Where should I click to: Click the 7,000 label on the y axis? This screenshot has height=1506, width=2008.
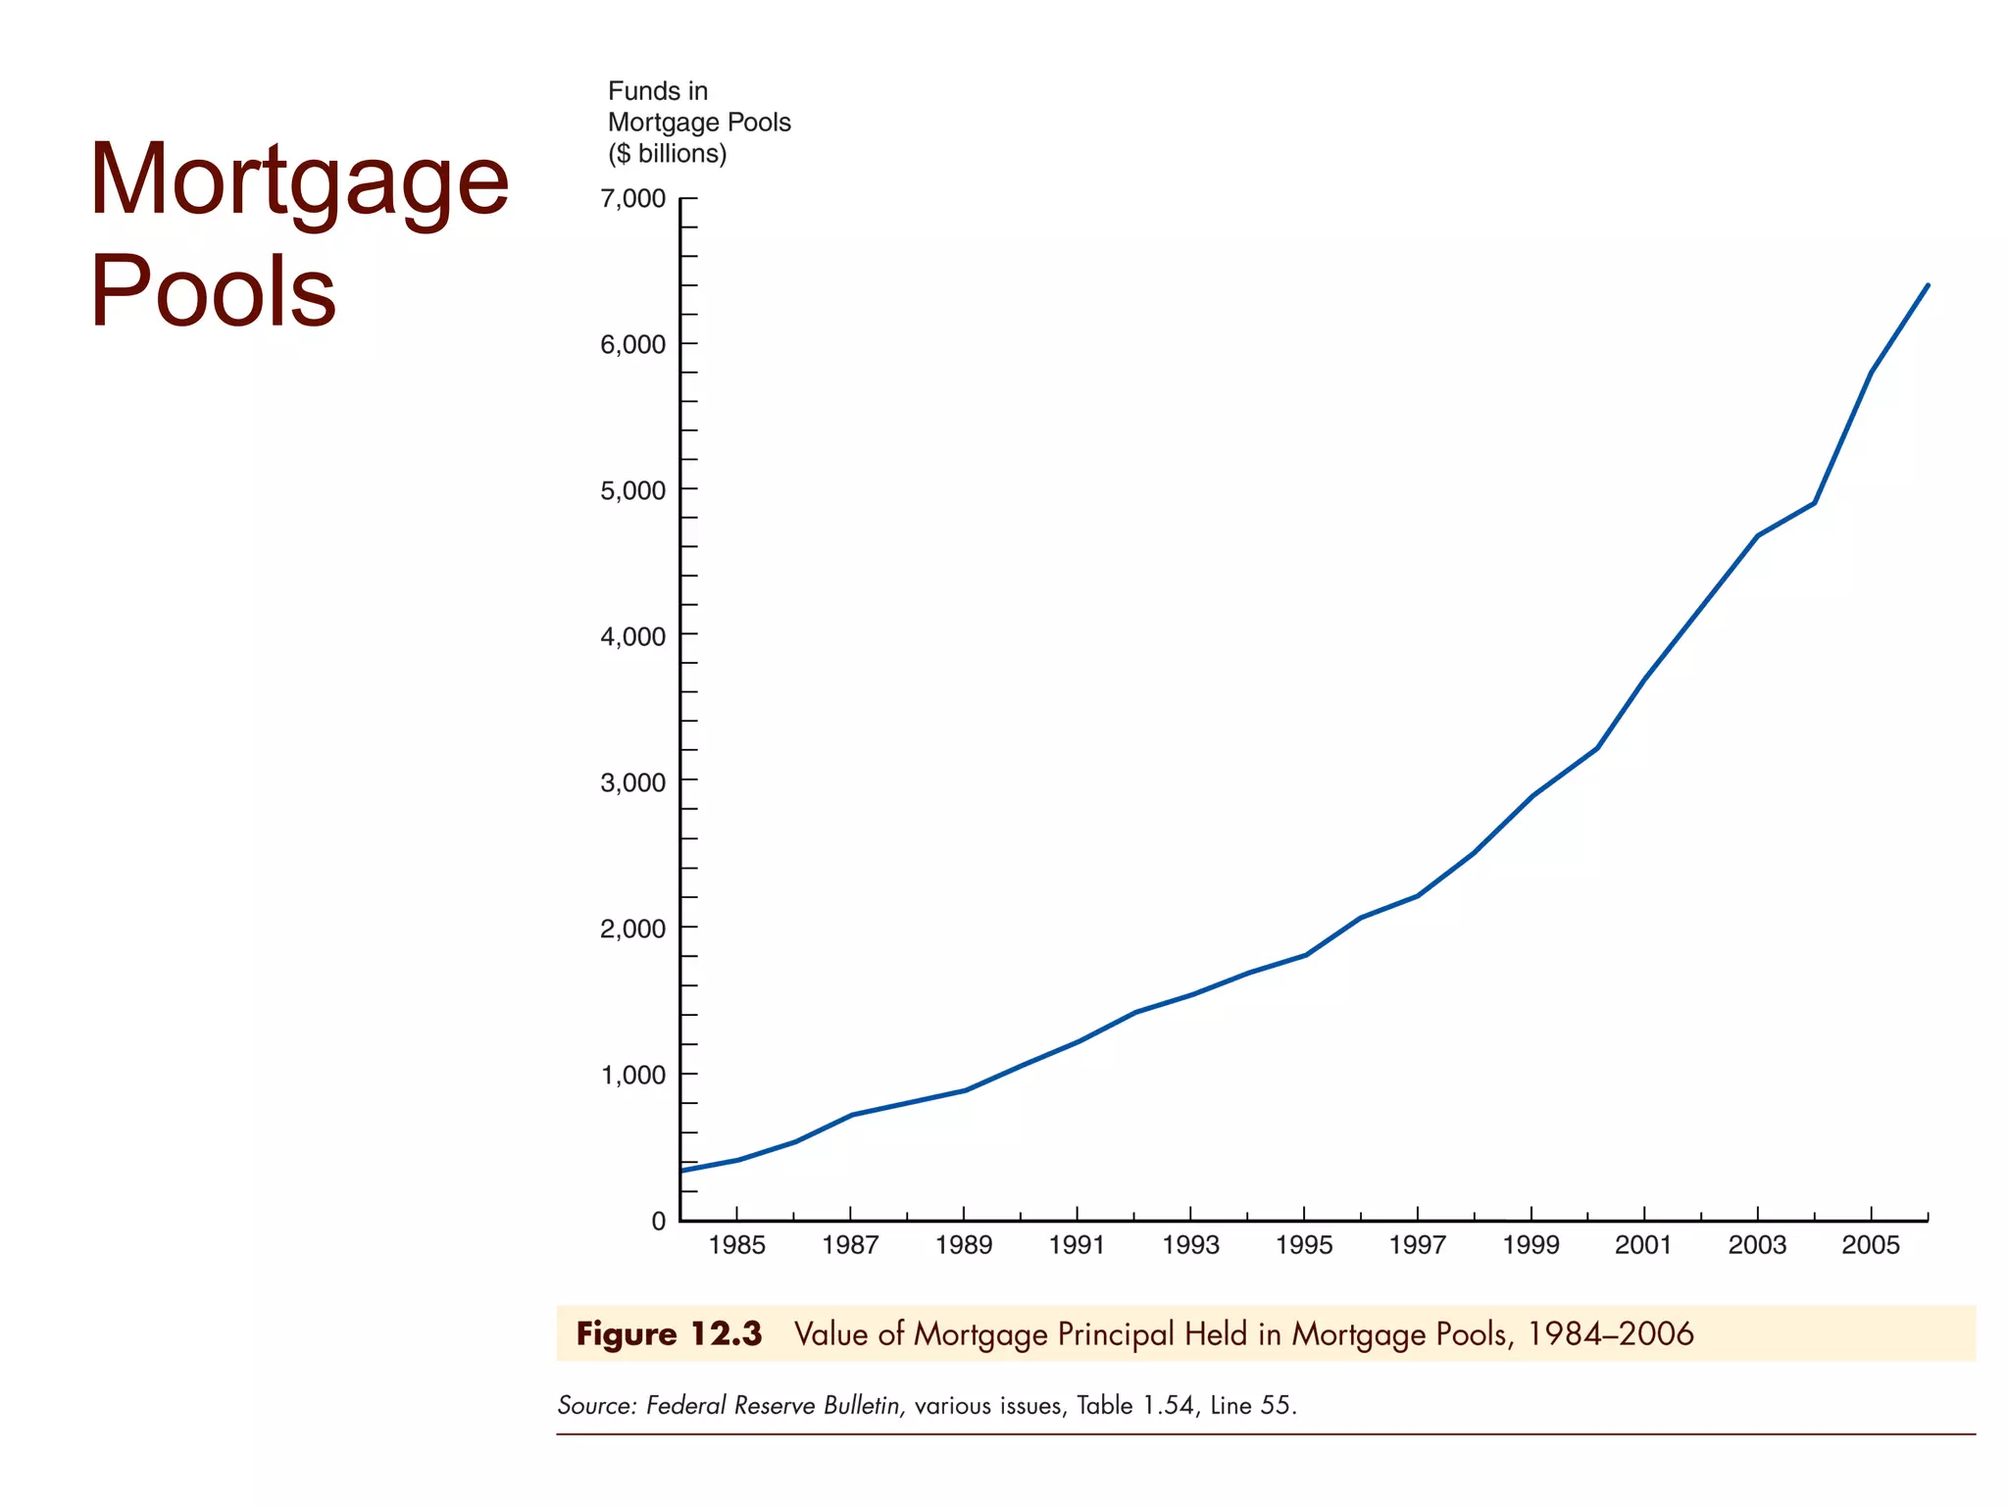point(632,199)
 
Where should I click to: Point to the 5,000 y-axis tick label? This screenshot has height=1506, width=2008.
point(632,490)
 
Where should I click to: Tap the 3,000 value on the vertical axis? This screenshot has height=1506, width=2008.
point(632,782)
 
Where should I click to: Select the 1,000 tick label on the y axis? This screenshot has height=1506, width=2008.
point(632,1075)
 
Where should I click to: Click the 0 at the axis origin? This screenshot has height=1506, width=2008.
point(658,1221)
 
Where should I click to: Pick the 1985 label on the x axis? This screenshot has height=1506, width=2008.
point(736,1245)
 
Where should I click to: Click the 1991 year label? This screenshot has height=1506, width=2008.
point(1077,1245)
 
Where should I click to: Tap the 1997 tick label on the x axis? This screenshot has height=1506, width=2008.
point(1417,1245)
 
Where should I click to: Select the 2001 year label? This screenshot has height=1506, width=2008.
point(1643,1245)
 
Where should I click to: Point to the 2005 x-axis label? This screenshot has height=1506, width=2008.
point(1870,1245)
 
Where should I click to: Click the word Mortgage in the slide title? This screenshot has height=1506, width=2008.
point(299,179)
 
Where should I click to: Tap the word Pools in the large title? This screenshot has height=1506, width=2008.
point(214,291)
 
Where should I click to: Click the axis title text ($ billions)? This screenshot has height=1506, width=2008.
point(667,154)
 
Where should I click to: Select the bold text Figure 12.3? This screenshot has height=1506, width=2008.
point(669,1334)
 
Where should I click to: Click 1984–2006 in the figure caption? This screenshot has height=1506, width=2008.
point(1610,1334)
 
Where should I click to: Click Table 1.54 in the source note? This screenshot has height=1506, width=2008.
point(1134,1406)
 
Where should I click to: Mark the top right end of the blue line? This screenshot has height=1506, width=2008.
point(1928,285)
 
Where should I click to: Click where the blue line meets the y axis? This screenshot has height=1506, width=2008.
point(682,1171)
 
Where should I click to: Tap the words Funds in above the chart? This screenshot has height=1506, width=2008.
point(657,91)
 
